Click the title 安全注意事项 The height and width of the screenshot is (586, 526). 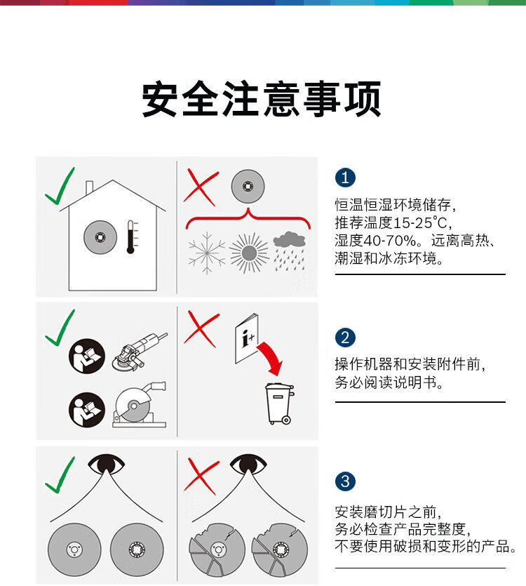pos(262,99)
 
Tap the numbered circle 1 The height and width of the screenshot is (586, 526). pos(345,177)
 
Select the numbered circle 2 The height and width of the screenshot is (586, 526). pos(345,338)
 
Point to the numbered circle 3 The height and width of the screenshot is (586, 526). pos(345,481)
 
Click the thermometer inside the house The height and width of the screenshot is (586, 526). pos(130,237)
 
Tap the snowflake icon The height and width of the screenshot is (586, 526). pos(207,253)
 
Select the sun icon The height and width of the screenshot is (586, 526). pos(249,253)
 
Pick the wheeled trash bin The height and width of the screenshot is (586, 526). pos(279,404)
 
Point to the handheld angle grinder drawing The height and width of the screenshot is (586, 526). pos(140,352)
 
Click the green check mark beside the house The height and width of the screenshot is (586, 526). pos(60,187)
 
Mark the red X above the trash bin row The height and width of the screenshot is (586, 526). pos(202,329)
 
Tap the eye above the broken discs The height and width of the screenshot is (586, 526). pos(248,465)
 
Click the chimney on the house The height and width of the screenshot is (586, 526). pos(89,188)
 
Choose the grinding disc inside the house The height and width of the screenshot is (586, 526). pos(100,237)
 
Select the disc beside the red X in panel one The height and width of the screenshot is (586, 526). pos(248,186)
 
